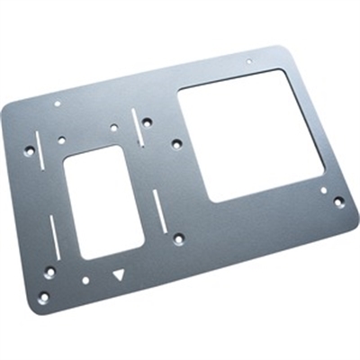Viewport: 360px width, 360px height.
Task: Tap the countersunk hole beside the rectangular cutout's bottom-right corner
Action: [x=178, y=238]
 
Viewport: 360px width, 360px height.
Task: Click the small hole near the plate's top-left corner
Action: [x=58, y=103]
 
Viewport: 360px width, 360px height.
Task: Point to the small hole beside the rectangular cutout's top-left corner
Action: [x=61, y=139]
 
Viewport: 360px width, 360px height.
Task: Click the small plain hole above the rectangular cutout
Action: [x=113, y=128]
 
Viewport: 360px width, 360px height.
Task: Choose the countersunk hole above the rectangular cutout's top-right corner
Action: [x=147, y=123]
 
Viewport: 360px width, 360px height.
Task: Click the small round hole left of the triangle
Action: [x=85, y=280]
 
